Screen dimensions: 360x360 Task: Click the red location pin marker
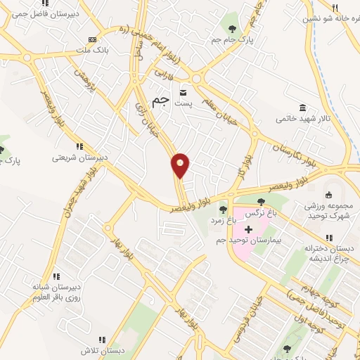click(181, 165)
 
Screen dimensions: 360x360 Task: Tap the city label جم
click(161, 101)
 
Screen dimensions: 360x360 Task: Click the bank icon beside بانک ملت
click(92, 39)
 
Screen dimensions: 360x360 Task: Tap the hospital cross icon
click(247, 229)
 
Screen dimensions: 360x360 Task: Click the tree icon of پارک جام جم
click(232, 29)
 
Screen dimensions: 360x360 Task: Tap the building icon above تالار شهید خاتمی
click(302, 108)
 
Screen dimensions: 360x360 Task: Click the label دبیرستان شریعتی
click(79, 157)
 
